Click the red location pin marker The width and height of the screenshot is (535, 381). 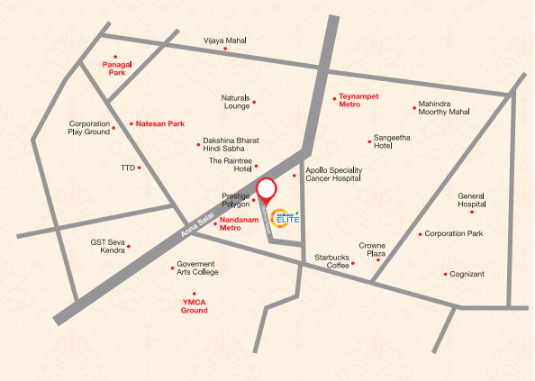click(x=266, y=192)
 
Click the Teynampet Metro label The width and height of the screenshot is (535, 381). click(x=349, y=101)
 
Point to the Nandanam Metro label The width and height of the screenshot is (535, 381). click(x=245, y=224)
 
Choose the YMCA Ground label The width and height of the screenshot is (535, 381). click(x=195, y=305)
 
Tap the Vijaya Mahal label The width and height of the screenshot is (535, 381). click(x=224, y=41)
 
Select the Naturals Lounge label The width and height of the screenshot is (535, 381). click(x=236, y=102)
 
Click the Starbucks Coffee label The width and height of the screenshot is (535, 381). click(x=331, y=262)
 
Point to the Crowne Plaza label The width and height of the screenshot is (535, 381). click(x=372, y=249)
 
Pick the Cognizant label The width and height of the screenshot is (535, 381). click(x=467, y=274)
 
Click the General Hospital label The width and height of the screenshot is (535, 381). click(x=471, y=200)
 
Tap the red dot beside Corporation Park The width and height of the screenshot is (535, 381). click(x=420, y=234)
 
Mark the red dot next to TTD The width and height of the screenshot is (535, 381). click(x=140, y=168)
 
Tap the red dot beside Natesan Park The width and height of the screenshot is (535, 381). click(x=130, y=123)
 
